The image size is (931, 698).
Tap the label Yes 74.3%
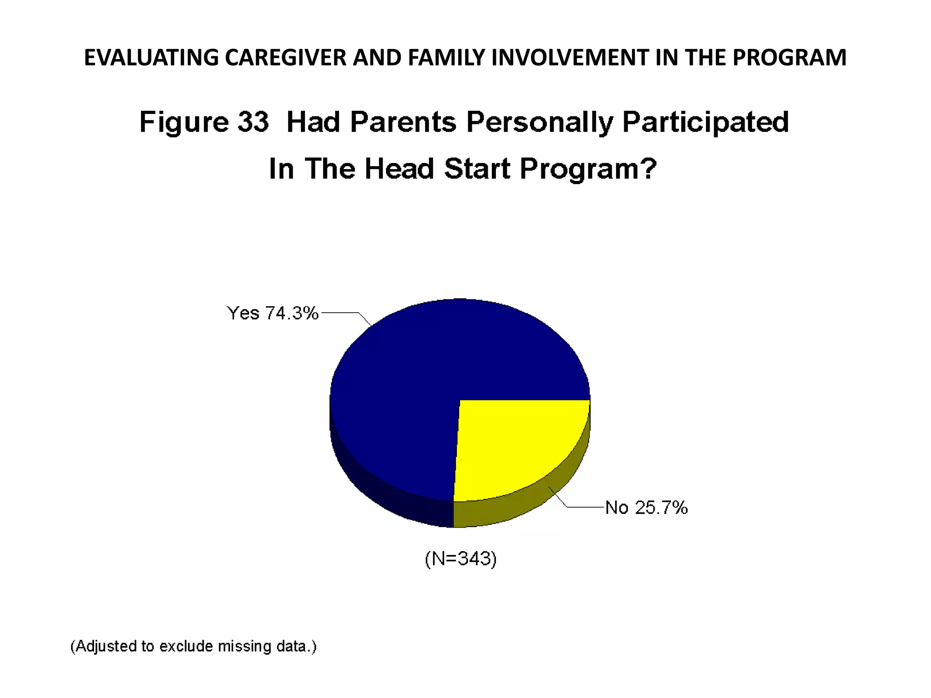(x=273, y=314)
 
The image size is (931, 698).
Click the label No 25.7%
(x=646, y=508)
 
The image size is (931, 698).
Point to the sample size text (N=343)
(x=460, y=558)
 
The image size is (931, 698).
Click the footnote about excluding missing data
(x=193, y=646)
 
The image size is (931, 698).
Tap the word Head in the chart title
(x=399, y=169)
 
